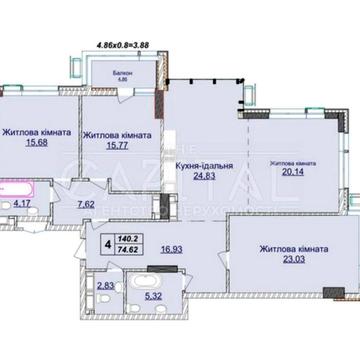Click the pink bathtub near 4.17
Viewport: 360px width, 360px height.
[22, 186]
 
